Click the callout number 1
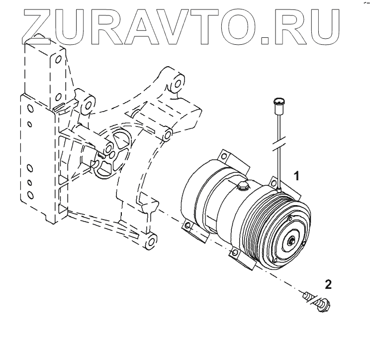(x=296, y=175)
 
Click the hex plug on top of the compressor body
(x=243, y=186)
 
